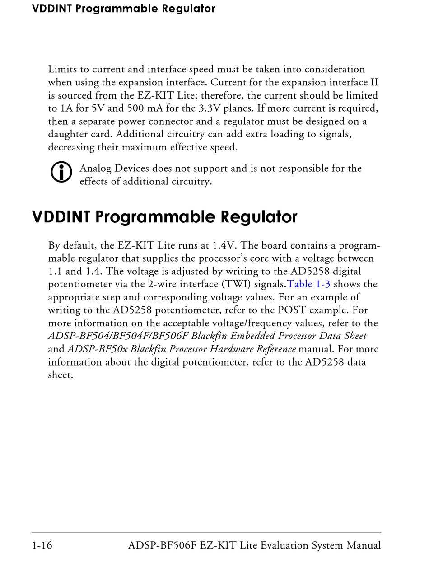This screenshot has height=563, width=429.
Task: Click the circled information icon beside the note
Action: (x=61, y=172)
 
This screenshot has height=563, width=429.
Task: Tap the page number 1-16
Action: (x=42, y=545)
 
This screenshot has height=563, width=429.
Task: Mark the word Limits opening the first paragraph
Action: (x=62, y=70)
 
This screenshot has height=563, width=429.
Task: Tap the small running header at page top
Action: (x=123, y=9)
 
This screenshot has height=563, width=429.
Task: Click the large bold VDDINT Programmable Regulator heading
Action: (x=164, y=217)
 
